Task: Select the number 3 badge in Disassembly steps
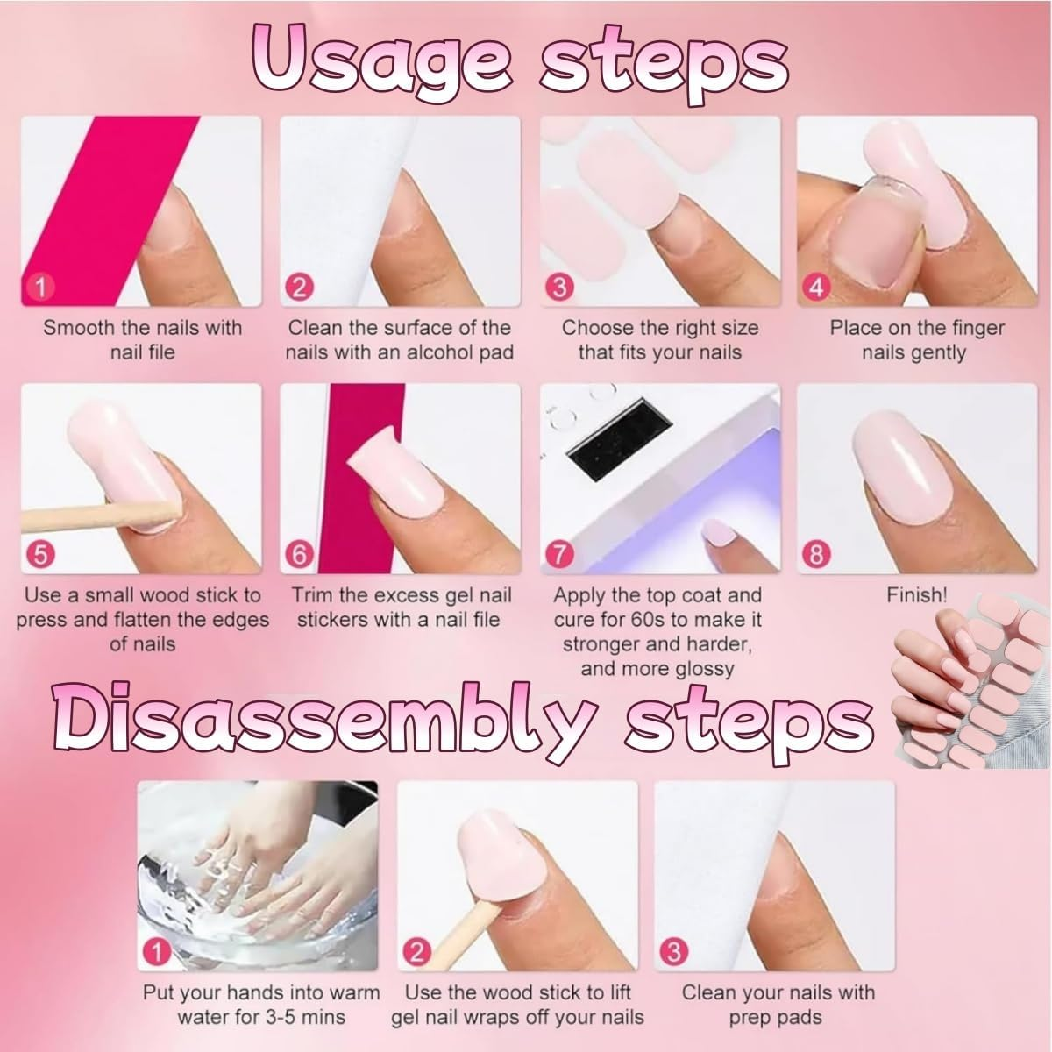pos(675,950)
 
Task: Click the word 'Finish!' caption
pos(916,595)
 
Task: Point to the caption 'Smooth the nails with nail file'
pos(142,340)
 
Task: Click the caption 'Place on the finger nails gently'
pos(916,340)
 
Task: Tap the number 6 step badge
pos(300,554)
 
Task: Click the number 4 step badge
pos(816,287)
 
